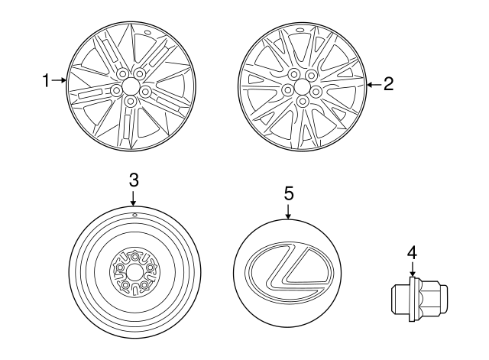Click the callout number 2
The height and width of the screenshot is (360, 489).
pyautogui.click(x=388, y=85)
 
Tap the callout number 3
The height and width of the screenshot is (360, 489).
pyautogui.click(x=133, y=180)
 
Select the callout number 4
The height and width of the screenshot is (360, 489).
pyautogui.click(x=412, y=252)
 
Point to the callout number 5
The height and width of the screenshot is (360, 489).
pyautogui.click(x=289, y=193)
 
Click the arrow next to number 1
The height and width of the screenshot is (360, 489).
pyautogui.click(x=60, y=79)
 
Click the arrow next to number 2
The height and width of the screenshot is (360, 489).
pyautogui.click(x=374, y=85)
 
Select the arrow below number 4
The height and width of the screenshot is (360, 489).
pyautogui.click(x=412, y=269)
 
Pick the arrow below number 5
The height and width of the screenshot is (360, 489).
pyautogui.click(x=289, y=212)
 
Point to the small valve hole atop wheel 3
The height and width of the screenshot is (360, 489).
pyautogui.click(x=134, y=216)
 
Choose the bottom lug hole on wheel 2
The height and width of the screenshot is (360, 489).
pyautogui.click(x=303, y=101)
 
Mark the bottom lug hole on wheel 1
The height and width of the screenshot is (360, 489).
pyautogui.click(x=131, y=100)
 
